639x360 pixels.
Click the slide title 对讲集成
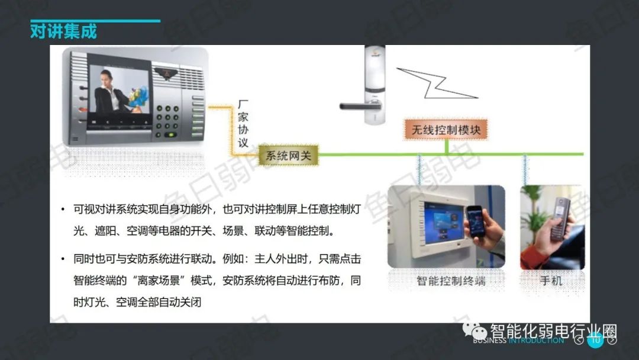pyautogui.click(x=63, y=32)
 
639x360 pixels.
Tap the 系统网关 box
pyautogui.click(x=289, y=155)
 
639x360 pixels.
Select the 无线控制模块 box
pyautogui.click(x=446, y=130)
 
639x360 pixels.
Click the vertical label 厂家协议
pyautogui.click(x=243, y=124)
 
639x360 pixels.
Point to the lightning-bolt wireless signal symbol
pyautogui.click(x=437, y=83)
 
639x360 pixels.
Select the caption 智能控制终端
pyautogui.click(x=451, y=281)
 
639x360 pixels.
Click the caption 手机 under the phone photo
pyautogui.click(x=551, y=281)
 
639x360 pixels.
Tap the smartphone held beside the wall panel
pyautogui.click(x=475, y=221)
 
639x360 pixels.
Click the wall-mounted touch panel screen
pyautogui.click(x=444, y=222)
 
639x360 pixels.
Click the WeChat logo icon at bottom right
pyautogui.click(x=475, y=330)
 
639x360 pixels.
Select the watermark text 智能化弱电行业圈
pyautogui.click(x=553, y=331)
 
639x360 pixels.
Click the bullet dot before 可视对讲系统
pyautogui.click(x=63, y=210)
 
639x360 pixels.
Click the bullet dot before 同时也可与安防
pyautogui.click(x=63, y=259)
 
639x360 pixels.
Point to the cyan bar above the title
pyautogui.click(x=95, y=21)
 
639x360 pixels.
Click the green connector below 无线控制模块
pyautogui.click(x=447, y=147)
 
